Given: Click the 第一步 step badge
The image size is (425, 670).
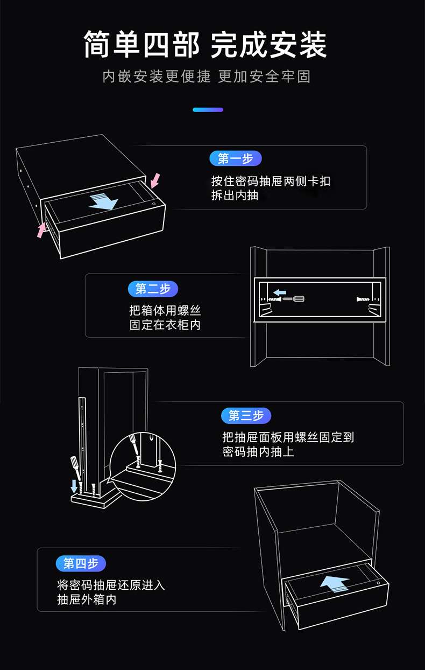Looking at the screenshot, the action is click(235, 158).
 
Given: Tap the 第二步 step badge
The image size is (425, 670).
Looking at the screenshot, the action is click(153, 289).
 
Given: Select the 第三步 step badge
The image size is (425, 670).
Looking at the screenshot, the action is click(246, 415).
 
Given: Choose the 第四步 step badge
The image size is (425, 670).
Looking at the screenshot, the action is click(81, 563).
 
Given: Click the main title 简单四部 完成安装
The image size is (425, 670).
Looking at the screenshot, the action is click(205, 45).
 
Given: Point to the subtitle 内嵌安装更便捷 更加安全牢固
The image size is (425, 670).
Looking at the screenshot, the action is click(207, 76).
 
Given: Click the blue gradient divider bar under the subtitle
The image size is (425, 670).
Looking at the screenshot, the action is click(208, 110).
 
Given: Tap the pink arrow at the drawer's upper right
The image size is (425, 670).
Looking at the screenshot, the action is click(155, 181).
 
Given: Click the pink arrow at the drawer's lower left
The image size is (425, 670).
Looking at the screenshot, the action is click(41, 230).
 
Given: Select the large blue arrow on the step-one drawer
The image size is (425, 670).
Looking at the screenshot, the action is click(103, 201).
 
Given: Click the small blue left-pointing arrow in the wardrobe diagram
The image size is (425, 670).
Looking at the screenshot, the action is click(280, 292).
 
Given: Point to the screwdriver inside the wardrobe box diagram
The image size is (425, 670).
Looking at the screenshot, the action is click(293, 299).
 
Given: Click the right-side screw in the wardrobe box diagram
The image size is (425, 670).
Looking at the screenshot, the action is click(363, 299).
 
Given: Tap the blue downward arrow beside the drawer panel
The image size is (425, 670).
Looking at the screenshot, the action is click(74, 486).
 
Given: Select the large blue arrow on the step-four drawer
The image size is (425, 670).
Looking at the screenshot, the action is click(335, 584).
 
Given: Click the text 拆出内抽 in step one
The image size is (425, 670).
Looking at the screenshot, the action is click(235, 196).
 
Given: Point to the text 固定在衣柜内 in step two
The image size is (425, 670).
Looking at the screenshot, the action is click(165, 325).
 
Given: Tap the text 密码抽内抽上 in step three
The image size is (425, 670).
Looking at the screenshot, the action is click(258, 451).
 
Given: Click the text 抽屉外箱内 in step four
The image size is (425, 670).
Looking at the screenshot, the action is click(87, 599).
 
